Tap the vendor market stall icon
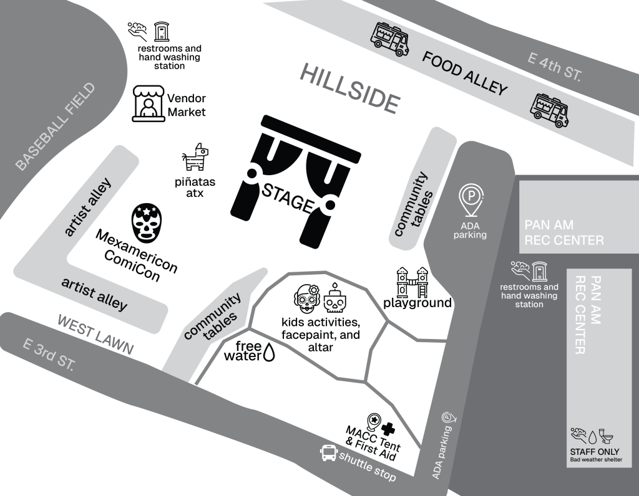pyautogui.click(x=149, y=104)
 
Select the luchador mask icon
pyautogui.click(x=147, y=223)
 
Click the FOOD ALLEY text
pyautogui.click(x=465, y=73)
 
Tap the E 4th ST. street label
pyautogui.click(x=554, y=67)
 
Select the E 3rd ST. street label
pyautogui.click(x=47, y=356)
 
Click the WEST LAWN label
pyautogui.click(x=95, y=334)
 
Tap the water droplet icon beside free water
pyautogui.click(x=269, y=353)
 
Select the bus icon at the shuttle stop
pyautogui.click(x=327, y=452)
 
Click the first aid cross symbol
pyautogui.click(x=388, y=428)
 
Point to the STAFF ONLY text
pyautogui.click(x=595, y=452)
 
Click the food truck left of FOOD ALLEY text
pyautogui.click(x=390, y=39)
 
